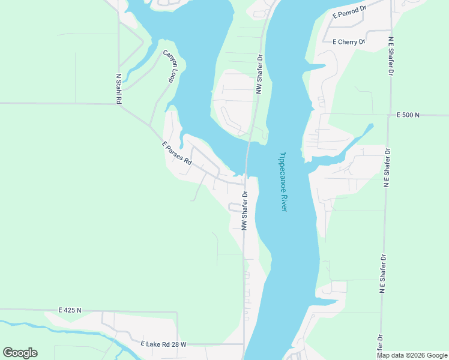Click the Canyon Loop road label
[172, 67]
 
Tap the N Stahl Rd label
[119, 89]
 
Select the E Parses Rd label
[176, 153]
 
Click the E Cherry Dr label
[348, 42]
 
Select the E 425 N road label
[70, 310]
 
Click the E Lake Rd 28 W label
[163, 344]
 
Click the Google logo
[20, 353]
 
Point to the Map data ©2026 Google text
[412, 355]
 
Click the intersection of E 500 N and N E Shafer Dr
[391, 115]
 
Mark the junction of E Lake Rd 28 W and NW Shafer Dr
[244, 344]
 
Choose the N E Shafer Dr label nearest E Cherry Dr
[391, 56]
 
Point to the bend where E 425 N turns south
[177, 312]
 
